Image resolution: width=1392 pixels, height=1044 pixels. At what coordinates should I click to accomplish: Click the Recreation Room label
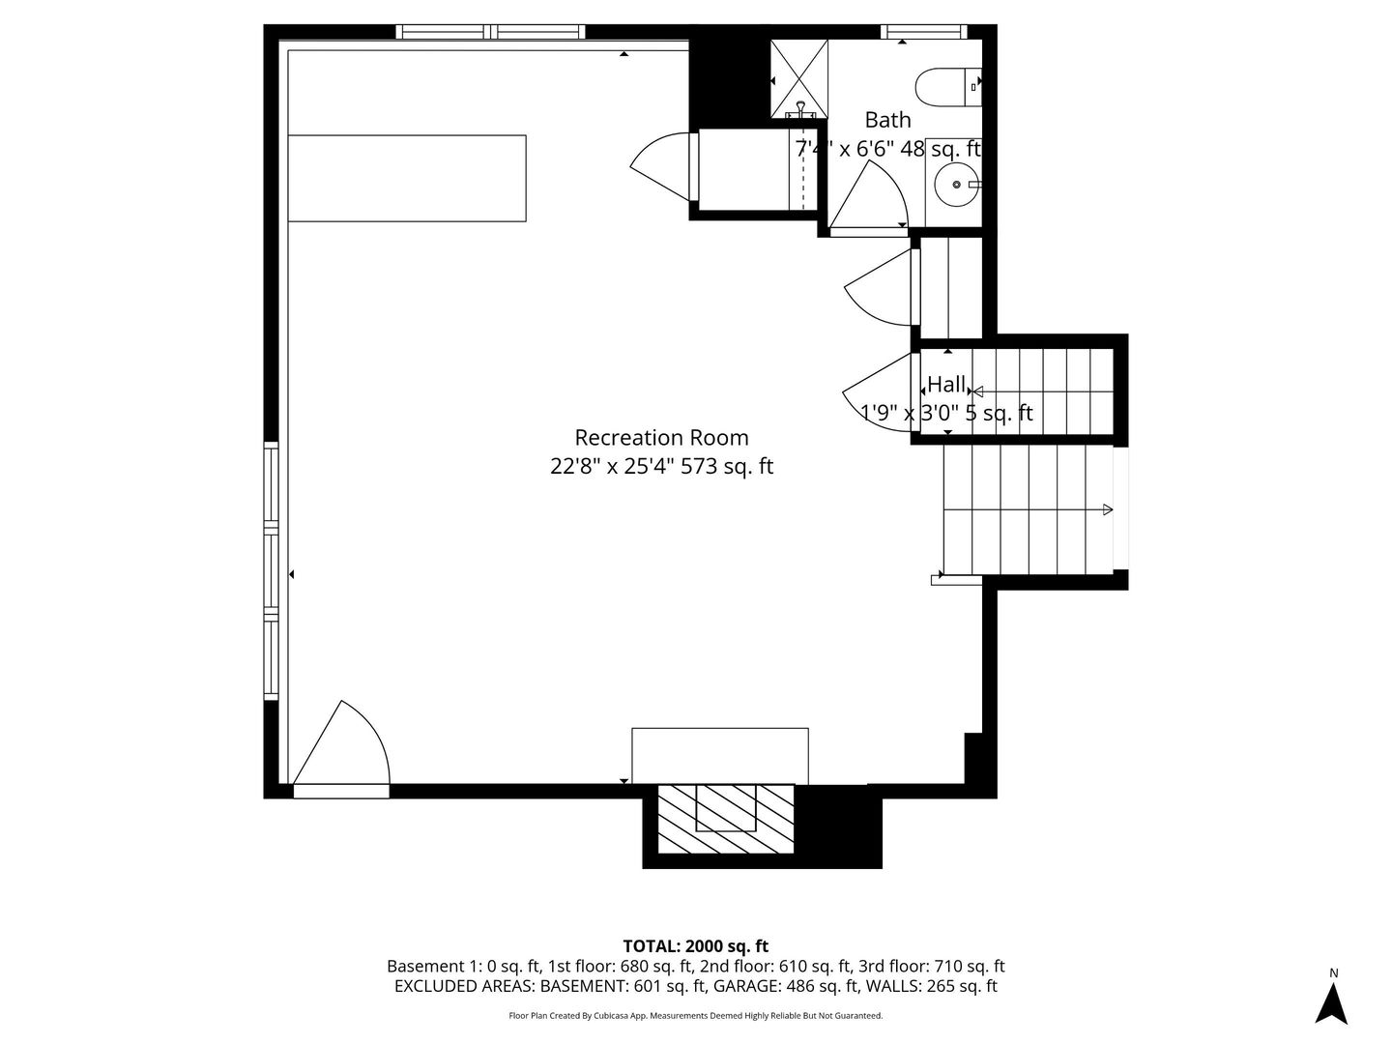click(661, 438)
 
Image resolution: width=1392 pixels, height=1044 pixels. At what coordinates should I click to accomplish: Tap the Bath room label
click(887, 120)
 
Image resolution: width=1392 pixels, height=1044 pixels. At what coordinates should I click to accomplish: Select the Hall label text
click(946, 384)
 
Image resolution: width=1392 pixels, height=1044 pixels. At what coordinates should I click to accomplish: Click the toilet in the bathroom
click(947, 86)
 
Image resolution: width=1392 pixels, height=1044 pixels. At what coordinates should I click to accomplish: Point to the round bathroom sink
click(956, 184)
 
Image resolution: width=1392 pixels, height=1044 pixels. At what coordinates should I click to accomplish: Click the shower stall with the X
click(799, 78)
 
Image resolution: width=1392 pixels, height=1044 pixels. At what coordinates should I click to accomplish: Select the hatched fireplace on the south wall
click(726, 819)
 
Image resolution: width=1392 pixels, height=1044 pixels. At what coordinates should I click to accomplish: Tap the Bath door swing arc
click(870, 198)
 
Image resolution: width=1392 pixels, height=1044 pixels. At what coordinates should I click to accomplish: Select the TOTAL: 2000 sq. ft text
click(695, 946)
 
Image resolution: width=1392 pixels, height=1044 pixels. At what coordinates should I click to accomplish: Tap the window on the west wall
click(272, 570)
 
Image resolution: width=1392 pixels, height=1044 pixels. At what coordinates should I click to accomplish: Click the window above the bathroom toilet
click(924, 32)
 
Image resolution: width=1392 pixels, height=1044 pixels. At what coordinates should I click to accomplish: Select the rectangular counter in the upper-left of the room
click(407, 179)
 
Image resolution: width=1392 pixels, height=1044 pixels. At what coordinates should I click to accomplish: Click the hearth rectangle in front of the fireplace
click(719, 756)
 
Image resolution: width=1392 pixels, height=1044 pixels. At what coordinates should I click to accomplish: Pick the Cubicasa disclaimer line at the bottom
click(695, 1016)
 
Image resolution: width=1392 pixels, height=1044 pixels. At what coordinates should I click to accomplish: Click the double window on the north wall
click(491, 32)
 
